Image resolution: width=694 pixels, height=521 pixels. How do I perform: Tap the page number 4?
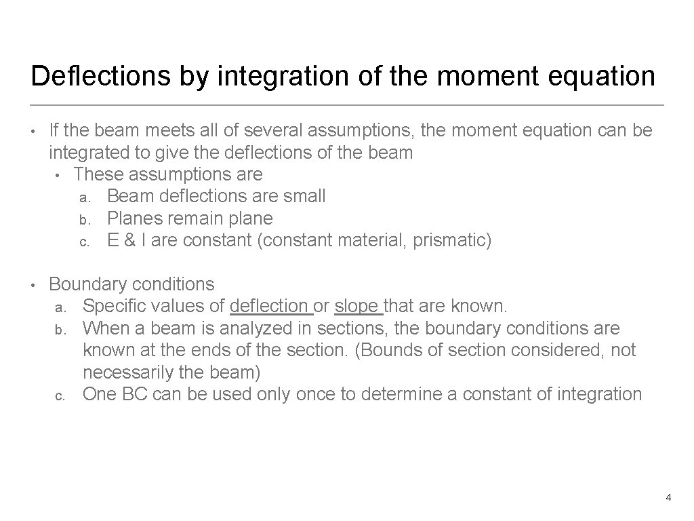[x=668, y=498]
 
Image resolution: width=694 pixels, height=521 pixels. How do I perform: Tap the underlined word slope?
[x=358, y=306]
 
